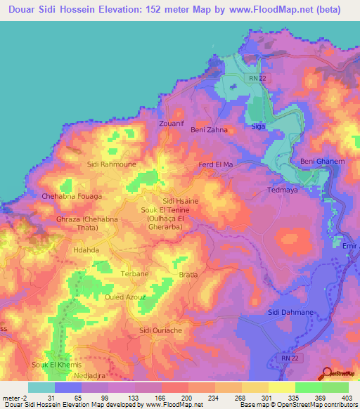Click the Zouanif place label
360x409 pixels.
point(172,123)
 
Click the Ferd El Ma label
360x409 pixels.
point(216,164)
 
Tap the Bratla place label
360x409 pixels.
point(189,275)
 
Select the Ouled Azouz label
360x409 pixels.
point(124,297)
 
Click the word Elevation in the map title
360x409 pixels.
point(127,9)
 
